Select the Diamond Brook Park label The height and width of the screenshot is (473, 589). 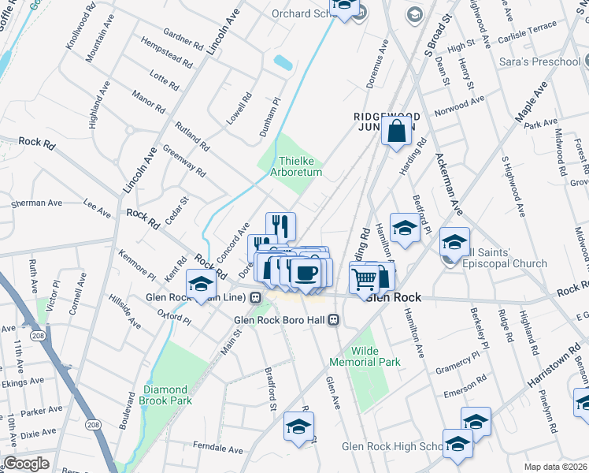tap(166, 395)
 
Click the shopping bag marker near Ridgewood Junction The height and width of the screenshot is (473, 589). tap(397, 130)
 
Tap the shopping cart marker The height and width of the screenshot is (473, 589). tap(364, 278)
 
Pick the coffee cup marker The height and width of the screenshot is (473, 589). tap(305, 274)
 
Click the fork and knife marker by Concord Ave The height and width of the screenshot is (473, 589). tap(280, 227)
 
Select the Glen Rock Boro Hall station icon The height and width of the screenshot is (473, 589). tap(334, 320)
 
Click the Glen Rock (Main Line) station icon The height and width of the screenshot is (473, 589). tap(255, 298)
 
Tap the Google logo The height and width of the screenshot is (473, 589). tap(25, 464)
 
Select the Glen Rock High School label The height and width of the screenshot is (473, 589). tap(392, 447)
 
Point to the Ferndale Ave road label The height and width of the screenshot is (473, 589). tap(217, 449)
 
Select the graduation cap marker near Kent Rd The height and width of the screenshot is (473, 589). tap(201, 284)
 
